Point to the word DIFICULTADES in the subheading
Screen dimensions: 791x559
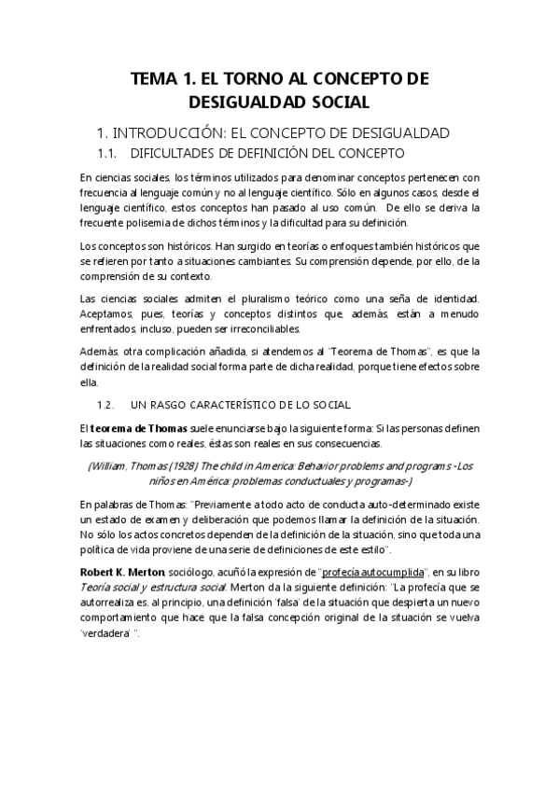(179, 152)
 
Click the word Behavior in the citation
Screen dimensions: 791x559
(311, 465)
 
